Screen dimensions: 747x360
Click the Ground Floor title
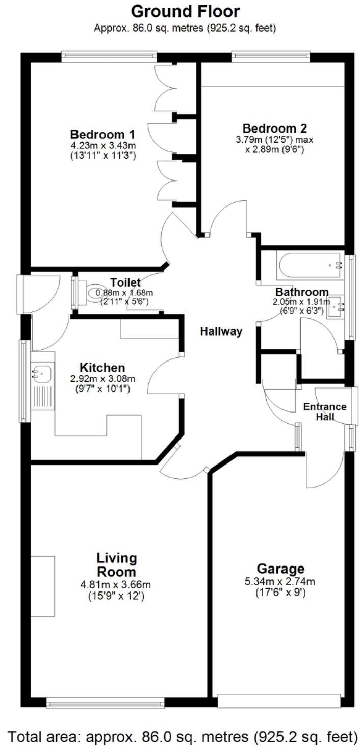click(x=185, y=11)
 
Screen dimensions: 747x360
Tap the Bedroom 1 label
click(x=102, y=135)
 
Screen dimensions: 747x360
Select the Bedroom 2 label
click(x=275, y=128)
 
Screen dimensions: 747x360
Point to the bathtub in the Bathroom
click(x=310, y=265)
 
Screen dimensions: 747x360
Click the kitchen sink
click(x=41, y=373)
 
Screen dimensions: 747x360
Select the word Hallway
click(x=221, y=331)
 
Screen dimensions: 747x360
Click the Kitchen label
click(x=102, y=368)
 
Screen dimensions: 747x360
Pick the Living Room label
click(x=117, y=564)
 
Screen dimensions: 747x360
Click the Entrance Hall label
click(x=325, y=411)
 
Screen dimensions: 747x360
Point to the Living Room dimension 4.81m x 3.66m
click(x=117, y=585)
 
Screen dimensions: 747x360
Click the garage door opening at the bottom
click(x=279, y=701)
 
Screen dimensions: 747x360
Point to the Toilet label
click(x=125, y=282)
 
